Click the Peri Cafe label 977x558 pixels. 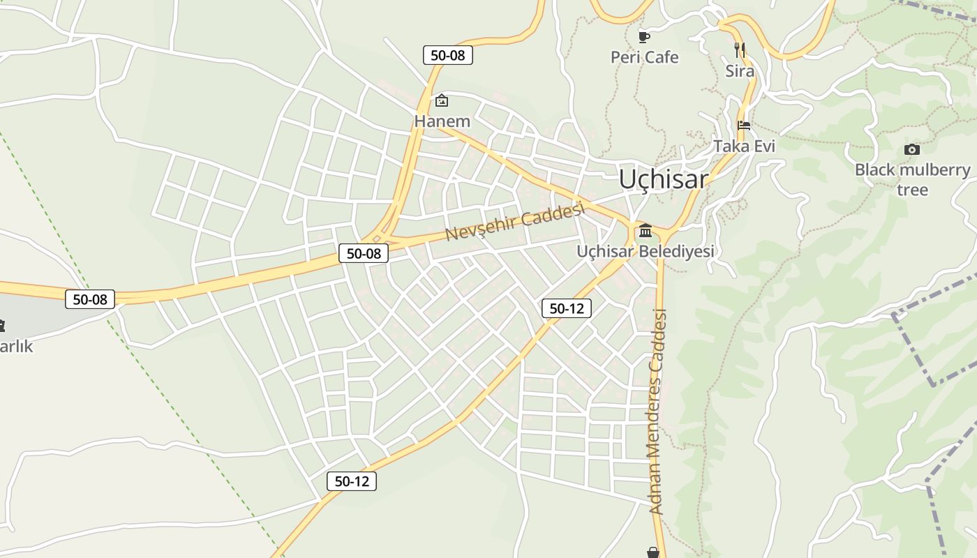coord(644,57)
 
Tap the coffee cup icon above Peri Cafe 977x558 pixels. coord(644,36)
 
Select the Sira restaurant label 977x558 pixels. coord(740,71)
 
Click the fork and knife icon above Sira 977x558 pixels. coord(740,50)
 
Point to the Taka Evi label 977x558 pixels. coord(744,146)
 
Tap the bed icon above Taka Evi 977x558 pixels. coord(744,126)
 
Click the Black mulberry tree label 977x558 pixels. coord(912,179)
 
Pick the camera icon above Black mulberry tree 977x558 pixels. coord(911,149)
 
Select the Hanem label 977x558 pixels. coord(442,121)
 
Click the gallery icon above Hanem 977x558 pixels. coord(442,101)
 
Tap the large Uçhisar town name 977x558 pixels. coord(663,179)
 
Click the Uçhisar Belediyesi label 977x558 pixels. coord(645,251)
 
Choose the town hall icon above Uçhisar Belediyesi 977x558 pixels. coord(645,230)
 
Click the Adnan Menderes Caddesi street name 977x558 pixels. coord(657,412)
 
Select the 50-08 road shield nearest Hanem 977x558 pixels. coord(447,55)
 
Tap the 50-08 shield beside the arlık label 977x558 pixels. coord(90,299)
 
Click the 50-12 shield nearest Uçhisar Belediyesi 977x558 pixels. coord(566,308)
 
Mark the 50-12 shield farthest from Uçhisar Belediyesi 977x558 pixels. coord(352,481)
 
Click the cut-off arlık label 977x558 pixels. coord(15,347)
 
